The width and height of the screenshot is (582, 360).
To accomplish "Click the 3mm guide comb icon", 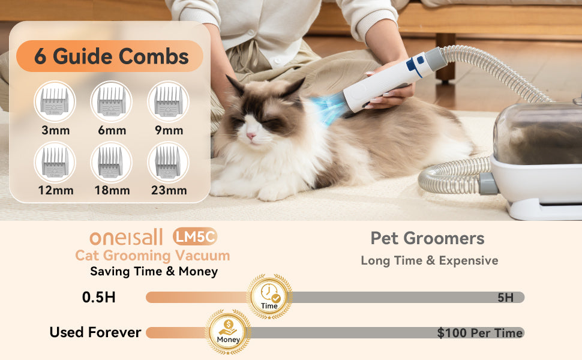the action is [55, 101].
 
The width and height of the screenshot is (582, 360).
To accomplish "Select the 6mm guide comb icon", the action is [112, 101].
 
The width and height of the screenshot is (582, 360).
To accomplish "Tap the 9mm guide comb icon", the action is [168, 101].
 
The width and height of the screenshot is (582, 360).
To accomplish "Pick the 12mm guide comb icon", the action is [55, 162].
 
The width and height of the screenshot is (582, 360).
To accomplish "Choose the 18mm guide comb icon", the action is [112, 162].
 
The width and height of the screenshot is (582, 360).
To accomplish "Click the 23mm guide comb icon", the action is [168, 162].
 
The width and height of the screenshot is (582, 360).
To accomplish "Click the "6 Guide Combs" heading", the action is [112, 56].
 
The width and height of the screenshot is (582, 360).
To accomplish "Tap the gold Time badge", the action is [269, 296].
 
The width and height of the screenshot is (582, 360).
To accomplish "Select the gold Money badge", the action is [228, 331].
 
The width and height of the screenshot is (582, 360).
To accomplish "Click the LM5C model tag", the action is [195, 237].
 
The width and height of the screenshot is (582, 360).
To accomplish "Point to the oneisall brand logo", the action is [126, 237].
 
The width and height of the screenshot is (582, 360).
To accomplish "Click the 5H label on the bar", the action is [506, 298].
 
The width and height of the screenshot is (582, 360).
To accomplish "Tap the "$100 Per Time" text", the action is [480, 333].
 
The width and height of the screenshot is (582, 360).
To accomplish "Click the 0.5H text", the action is [99, 297].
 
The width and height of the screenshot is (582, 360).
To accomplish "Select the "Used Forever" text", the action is [95, 332].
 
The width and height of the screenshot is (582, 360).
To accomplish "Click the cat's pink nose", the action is [251, 136].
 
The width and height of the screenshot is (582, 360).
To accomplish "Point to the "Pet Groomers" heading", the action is [428, 238].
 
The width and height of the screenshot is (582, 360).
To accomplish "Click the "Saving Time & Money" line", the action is [154, 271].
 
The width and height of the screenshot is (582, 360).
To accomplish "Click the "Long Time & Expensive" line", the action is [430, 260].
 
